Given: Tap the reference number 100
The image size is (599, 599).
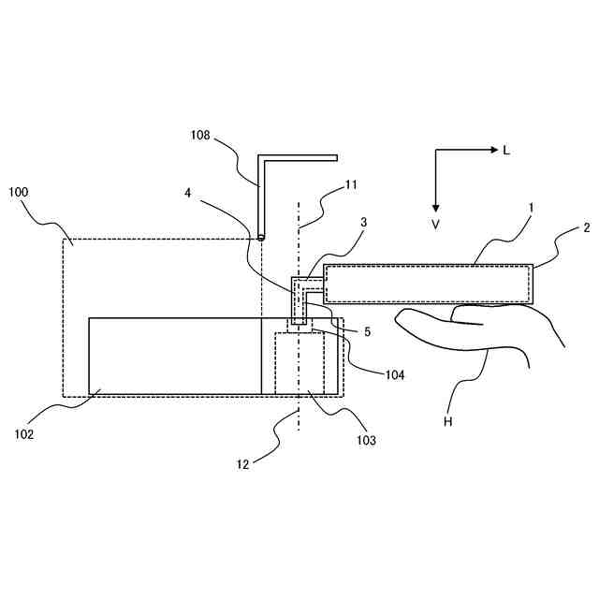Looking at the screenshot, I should [x=18, y=192].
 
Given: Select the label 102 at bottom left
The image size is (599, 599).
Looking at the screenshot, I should [x=24, y=433].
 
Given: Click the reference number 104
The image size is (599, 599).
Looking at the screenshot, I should [x=394, y=373].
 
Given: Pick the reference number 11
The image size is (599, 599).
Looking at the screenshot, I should [x=350, y=185].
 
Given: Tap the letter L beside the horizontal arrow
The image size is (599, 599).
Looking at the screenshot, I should [x=506, y=150].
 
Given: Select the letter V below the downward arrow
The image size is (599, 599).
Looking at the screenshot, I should [x=435, y=225].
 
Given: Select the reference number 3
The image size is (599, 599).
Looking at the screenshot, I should [x=363, y=222].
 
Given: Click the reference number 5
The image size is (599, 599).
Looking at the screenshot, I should [x=367, y=331].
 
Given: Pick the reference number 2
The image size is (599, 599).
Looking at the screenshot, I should [x=586, y=227].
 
